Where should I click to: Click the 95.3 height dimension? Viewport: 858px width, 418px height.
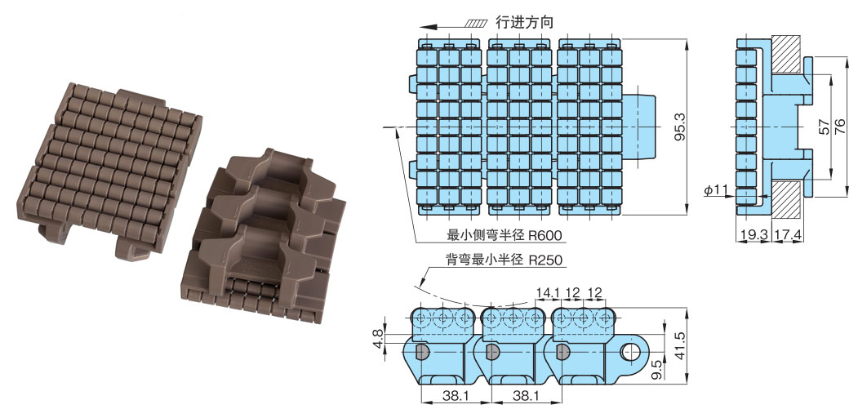tap(681, 127)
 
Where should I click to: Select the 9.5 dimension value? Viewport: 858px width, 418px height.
tap(657, 369)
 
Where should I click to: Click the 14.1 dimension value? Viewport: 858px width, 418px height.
tap(547, 293)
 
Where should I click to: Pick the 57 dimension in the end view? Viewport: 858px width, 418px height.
tap(824, 127)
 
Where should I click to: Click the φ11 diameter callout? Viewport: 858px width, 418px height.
tap(716, 190)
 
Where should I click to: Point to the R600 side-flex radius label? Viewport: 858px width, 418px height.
tap(545, 236)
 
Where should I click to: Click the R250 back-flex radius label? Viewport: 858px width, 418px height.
tap(545, 260)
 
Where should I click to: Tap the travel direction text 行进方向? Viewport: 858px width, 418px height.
tap(525, 22)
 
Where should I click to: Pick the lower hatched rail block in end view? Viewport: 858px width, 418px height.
tap(788, 198)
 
